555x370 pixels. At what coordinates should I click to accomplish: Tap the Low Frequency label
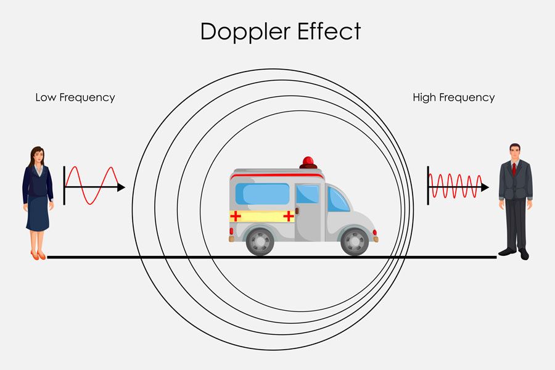[x=75, y=97]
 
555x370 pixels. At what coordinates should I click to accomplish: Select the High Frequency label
[x=453, y=97]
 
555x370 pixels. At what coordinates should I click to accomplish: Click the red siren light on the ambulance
[x=308, y=162]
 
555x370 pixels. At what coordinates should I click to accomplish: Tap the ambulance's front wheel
[x=355, y=241]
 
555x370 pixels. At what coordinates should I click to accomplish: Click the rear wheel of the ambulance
[x=260, y=241]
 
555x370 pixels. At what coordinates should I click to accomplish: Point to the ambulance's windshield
[x=338, y=199]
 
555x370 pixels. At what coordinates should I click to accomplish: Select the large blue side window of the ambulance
[x=262, y=194]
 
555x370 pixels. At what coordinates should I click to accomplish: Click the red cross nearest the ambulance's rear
[x=236, y=215]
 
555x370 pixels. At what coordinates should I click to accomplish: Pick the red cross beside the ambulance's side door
[x=287, y=215]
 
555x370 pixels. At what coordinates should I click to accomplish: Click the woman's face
[x=38, y=156]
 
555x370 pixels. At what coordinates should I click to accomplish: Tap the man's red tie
[x=513, y=168]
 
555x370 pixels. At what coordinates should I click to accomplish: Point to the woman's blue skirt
[x=38, y=213]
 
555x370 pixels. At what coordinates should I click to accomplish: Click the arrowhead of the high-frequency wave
[x=485, y=187]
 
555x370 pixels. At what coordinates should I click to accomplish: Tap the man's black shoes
[x=515, y=253]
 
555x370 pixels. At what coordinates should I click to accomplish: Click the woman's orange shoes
[x=38, y=255]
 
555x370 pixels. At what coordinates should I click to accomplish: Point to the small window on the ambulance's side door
[x=307, y=194]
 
